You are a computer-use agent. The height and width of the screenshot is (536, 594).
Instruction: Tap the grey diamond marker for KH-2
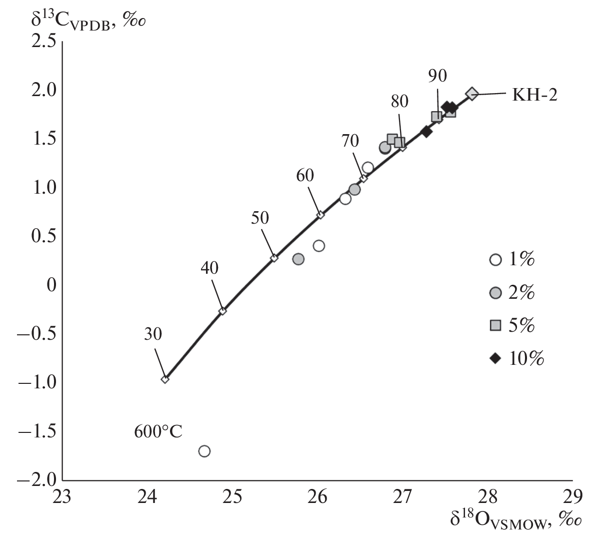pyautogui.click(x=471, y=93)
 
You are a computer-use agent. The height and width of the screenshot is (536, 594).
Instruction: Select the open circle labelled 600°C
pyautogui.click(x=204, y=451)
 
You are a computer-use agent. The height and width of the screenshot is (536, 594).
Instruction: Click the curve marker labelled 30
pyautogui.click(x=165, y=379)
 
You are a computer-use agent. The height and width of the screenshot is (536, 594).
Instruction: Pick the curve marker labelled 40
pyautogui.click(x=223, y=311)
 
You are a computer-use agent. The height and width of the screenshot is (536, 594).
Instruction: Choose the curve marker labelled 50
pyautogui.click(x=274, y=258)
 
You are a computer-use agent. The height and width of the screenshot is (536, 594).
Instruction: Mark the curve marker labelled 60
pyautogui.click(x=320, y=215)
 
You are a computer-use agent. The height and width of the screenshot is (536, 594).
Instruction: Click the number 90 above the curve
pyautogui.click(x=437, y=76)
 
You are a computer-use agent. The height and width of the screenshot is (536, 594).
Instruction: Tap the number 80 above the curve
pyautogui.click(x=399, y=101)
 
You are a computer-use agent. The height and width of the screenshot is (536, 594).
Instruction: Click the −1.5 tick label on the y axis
pyautogui.click(x=37, y=432)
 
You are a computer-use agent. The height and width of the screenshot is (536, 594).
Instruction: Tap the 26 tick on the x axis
pyautogui.click(x=317, y=497)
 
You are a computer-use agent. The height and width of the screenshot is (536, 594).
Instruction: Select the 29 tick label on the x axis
pyautogui.click(x=572, y=497)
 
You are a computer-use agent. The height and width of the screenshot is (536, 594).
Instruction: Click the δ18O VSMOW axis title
pyautogui.click(x=515, y=520)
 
